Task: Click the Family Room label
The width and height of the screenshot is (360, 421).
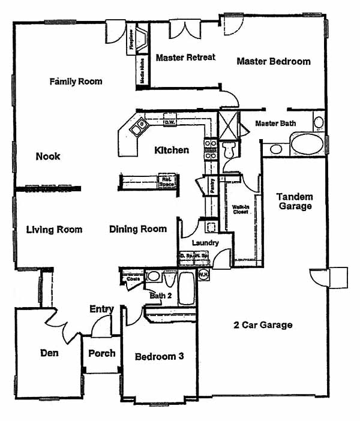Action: point(76,81)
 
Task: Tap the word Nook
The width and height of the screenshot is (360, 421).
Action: point(48,157)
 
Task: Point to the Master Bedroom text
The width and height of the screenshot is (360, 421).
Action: point(273,61)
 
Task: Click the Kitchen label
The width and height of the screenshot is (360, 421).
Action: point(172,150)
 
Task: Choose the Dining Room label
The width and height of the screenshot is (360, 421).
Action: point(137,229)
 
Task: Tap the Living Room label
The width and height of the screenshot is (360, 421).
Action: point(54,229)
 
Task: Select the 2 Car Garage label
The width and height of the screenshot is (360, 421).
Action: point(263,325)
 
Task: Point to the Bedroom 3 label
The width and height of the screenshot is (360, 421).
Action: point(159,356)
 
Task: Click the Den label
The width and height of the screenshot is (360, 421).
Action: point(49,353)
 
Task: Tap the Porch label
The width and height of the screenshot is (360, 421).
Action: point(102,353)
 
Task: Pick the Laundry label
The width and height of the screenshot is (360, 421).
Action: point(205,243)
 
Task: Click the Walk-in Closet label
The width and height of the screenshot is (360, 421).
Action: point(241,209)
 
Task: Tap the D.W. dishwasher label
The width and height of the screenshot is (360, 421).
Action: point(169,123)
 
